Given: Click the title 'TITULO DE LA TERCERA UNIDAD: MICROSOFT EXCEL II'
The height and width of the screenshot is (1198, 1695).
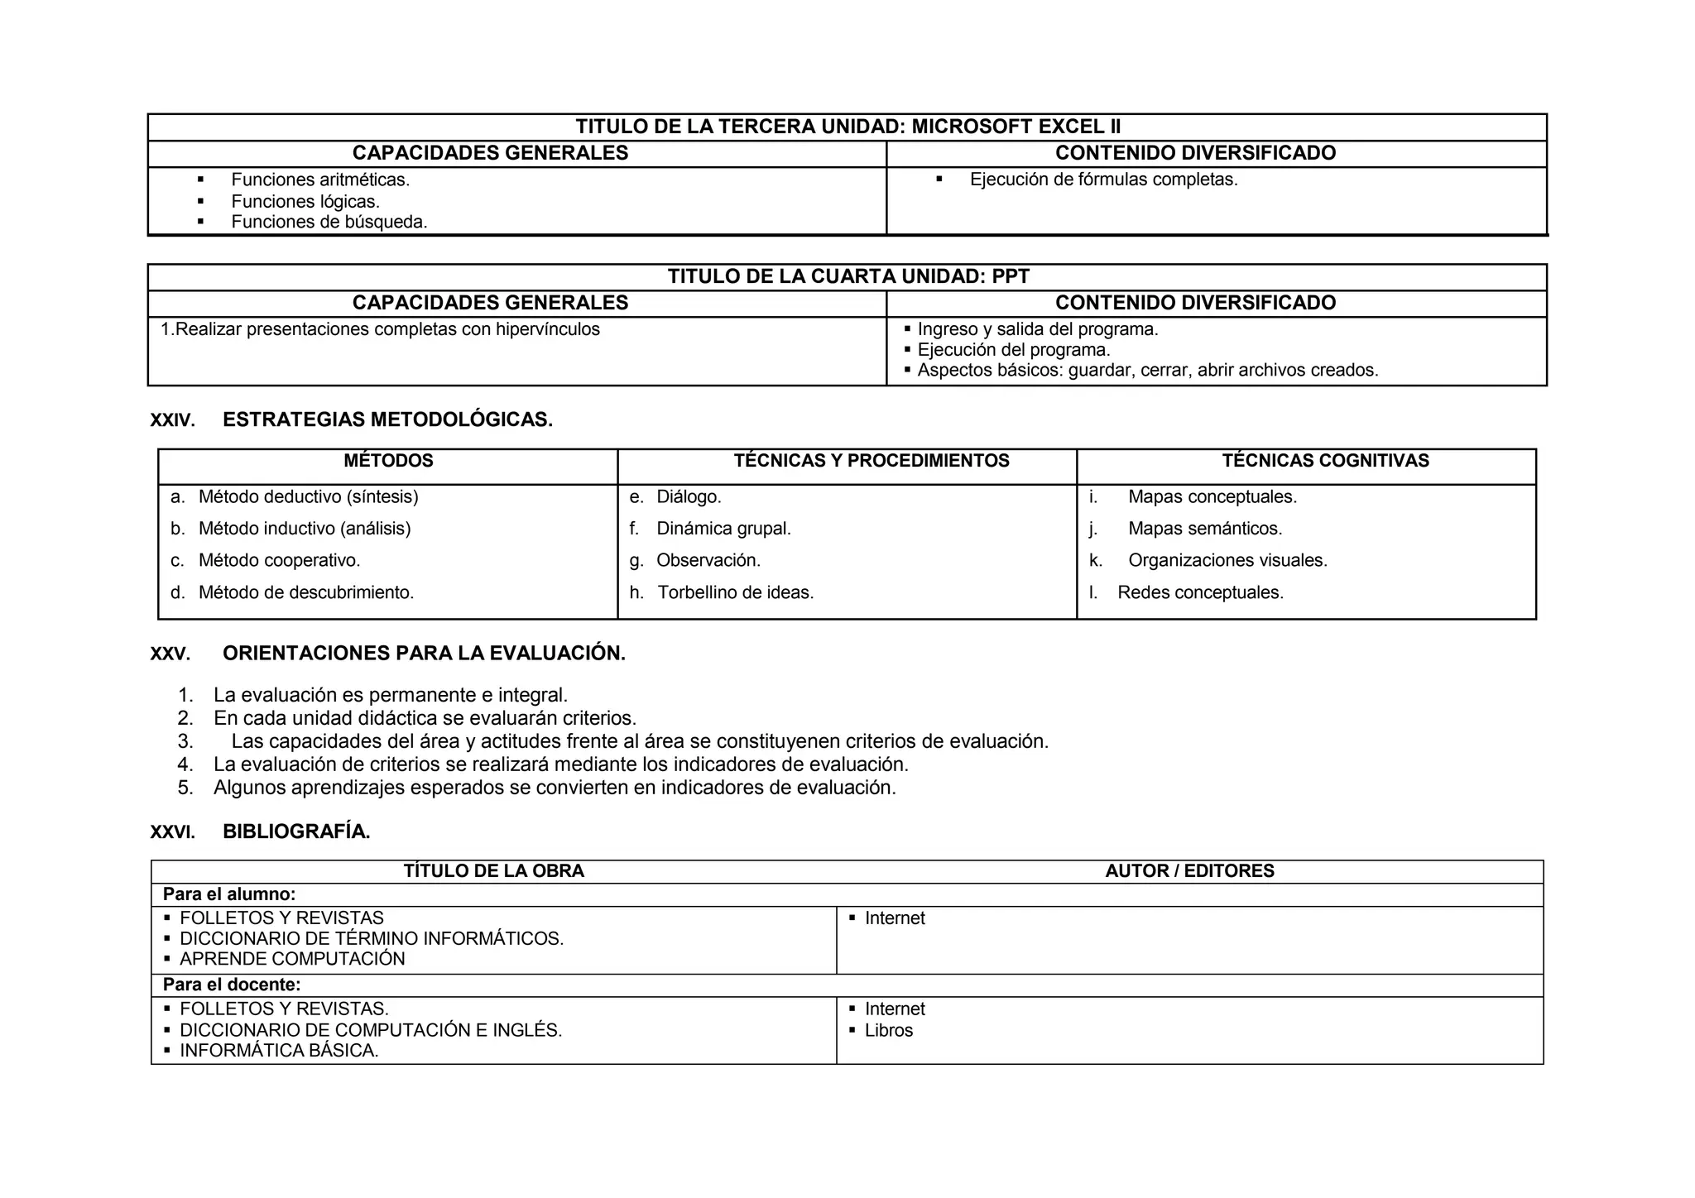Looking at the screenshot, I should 847,127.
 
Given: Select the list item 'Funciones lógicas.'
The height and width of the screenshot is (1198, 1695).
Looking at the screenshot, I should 305,201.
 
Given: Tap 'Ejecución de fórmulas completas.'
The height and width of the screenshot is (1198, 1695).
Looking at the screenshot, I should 1103,180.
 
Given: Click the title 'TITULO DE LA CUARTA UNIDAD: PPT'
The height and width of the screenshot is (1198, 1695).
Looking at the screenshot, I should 847,276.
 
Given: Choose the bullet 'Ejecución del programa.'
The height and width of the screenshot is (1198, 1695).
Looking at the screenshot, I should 1013,350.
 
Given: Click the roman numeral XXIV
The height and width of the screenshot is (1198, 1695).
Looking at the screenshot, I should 172,420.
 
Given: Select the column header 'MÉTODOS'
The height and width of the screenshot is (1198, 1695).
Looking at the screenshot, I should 388,461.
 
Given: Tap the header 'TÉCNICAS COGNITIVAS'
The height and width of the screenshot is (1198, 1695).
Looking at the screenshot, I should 1325,461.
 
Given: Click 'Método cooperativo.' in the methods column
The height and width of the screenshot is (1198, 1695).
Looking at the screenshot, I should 279,561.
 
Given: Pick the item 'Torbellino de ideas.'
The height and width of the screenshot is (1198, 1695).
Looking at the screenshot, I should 735,592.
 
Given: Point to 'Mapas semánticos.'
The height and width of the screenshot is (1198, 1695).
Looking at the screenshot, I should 1205,529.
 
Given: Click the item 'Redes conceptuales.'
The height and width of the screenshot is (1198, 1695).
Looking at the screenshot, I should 1200,592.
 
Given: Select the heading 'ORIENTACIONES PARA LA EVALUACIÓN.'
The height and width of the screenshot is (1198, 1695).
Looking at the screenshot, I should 424,654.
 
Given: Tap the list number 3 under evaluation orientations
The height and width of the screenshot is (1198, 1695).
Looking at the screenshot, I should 185,741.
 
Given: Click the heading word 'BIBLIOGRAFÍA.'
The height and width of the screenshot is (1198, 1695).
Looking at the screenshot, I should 296,832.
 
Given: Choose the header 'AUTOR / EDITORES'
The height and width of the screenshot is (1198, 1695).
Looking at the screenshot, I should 1189,871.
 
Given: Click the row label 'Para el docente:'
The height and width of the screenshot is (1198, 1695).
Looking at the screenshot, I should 232,985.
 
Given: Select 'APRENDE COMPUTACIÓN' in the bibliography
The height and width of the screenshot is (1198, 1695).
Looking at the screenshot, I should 292,959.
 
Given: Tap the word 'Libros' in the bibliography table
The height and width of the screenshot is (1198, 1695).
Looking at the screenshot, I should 889,1031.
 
